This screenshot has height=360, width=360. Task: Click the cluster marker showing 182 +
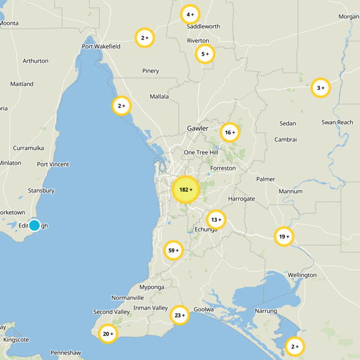185,189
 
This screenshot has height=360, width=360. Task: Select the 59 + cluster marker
173,250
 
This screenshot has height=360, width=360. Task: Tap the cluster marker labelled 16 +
230,132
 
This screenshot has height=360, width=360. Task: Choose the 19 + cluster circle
284,236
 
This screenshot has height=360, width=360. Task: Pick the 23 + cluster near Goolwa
180,315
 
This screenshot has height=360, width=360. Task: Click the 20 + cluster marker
108,334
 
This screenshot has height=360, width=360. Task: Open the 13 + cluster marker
216,220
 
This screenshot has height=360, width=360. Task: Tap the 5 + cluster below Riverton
205,54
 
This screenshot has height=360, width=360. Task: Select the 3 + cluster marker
321,88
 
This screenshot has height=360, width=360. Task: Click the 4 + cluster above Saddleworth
190,14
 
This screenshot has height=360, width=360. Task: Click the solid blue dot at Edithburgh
34,225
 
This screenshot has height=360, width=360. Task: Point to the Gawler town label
198,128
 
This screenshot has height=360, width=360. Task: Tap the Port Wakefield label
100,46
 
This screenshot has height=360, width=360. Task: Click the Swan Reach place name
337,122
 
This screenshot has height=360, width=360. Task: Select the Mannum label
291,191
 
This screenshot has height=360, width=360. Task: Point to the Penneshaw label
66,352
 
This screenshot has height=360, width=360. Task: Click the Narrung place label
266,311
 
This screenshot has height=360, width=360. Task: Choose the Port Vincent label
53,164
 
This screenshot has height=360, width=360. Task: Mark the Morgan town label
349,17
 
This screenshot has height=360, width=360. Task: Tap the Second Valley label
112,312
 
